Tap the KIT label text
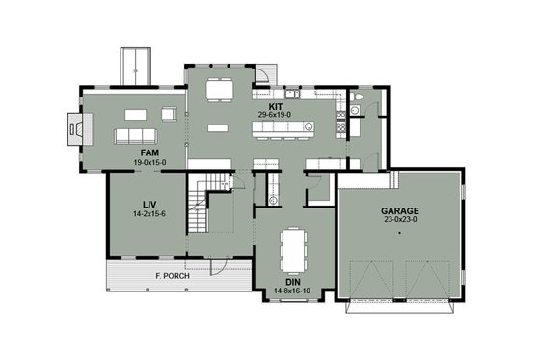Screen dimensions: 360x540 [275, 105]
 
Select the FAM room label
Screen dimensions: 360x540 [149, 153]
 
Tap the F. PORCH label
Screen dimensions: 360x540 [172, 276]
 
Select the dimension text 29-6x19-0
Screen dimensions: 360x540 [275, 115]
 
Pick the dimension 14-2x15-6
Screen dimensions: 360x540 [149, 213]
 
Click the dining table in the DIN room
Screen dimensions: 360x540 [292, 249]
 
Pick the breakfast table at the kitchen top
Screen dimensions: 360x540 [219, 90]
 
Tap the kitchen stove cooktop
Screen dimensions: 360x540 [339, 125]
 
